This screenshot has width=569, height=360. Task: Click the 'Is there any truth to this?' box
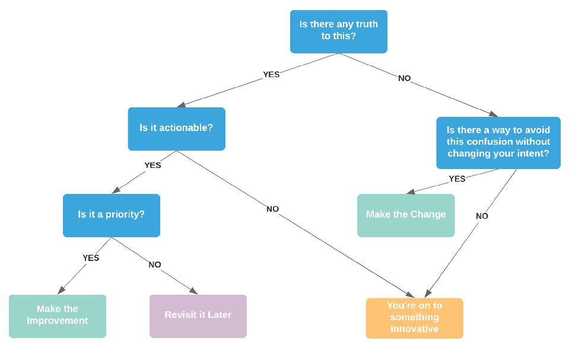pos(338,31)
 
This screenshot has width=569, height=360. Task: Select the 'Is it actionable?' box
pos(176,128)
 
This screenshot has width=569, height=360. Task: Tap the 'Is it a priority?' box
pos(111,215)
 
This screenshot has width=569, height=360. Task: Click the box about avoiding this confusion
pos(498,142)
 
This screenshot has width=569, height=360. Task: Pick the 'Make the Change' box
pos(406,215)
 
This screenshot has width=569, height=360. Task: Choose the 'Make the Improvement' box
pos(58,316)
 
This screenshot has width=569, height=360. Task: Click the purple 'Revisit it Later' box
pos(198,316)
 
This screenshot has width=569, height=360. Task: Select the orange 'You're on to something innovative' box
pos(414,318)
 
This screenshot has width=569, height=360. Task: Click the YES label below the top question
pos(271,75)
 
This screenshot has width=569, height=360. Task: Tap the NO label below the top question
pos(404,78)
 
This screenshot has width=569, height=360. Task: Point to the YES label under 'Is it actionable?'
pos(152,165)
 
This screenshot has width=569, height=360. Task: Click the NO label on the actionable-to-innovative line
pos(272,209)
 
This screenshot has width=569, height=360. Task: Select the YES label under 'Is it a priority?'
pos(91,258)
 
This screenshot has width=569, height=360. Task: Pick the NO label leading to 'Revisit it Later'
pos(155,265)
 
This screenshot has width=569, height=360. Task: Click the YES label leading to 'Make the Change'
pos(457,179)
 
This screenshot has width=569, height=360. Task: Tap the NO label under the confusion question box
pos(482,216)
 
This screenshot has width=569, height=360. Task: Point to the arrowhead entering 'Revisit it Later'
pos(193,291)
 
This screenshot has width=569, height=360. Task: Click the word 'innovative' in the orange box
pos(414,329)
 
